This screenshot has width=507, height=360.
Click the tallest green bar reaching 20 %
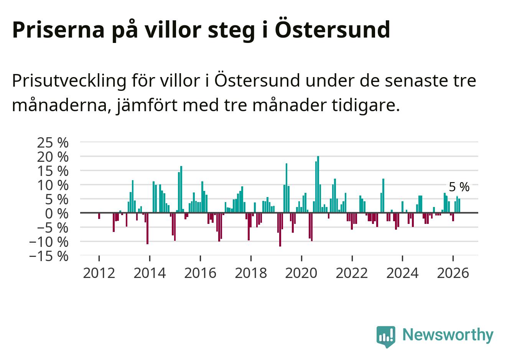318,184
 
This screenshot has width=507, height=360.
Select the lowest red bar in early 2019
280,230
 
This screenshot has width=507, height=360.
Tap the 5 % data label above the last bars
459,187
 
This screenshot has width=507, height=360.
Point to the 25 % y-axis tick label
53,143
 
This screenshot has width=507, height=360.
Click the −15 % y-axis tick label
49,256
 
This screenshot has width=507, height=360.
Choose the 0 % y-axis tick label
57,214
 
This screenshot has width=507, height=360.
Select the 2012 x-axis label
99,273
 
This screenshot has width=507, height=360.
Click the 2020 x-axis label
301,273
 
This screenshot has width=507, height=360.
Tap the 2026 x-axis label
453,273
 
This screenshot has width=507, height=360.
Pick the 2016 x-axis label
200,273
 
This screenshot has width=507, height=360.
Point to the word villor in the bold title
173,30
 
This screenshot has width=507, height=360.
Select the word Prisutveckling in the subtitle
69,81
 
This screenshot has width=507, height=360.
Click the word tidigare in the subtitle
366,105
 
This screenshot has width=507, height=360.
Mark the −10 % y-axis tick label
49,242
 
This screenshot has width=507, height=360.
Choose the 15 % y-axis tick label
53,171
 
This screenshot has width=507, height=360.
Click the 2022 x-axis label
352,273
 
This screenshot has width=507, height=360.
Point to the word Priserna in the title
58,30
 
